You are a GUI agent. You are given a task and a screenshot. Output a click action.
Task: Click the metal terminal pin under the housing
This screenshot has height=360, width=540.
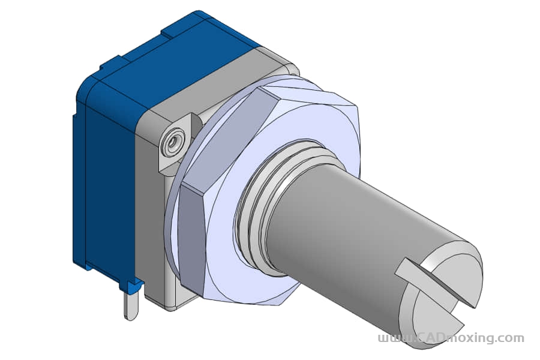[x=131, y=305]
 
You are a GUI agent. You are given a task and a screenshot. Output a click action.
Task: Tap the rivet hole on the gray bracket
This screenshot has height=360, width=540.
[x=174, y=140]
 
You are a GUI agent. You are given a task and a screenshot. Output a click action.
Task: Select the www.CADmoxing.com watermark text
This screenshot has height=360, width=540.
[x=451, y=338]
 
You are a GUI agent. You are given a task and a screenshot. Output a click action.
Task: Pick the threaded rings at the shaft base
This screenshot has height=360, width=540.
[x=272, y=193]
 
